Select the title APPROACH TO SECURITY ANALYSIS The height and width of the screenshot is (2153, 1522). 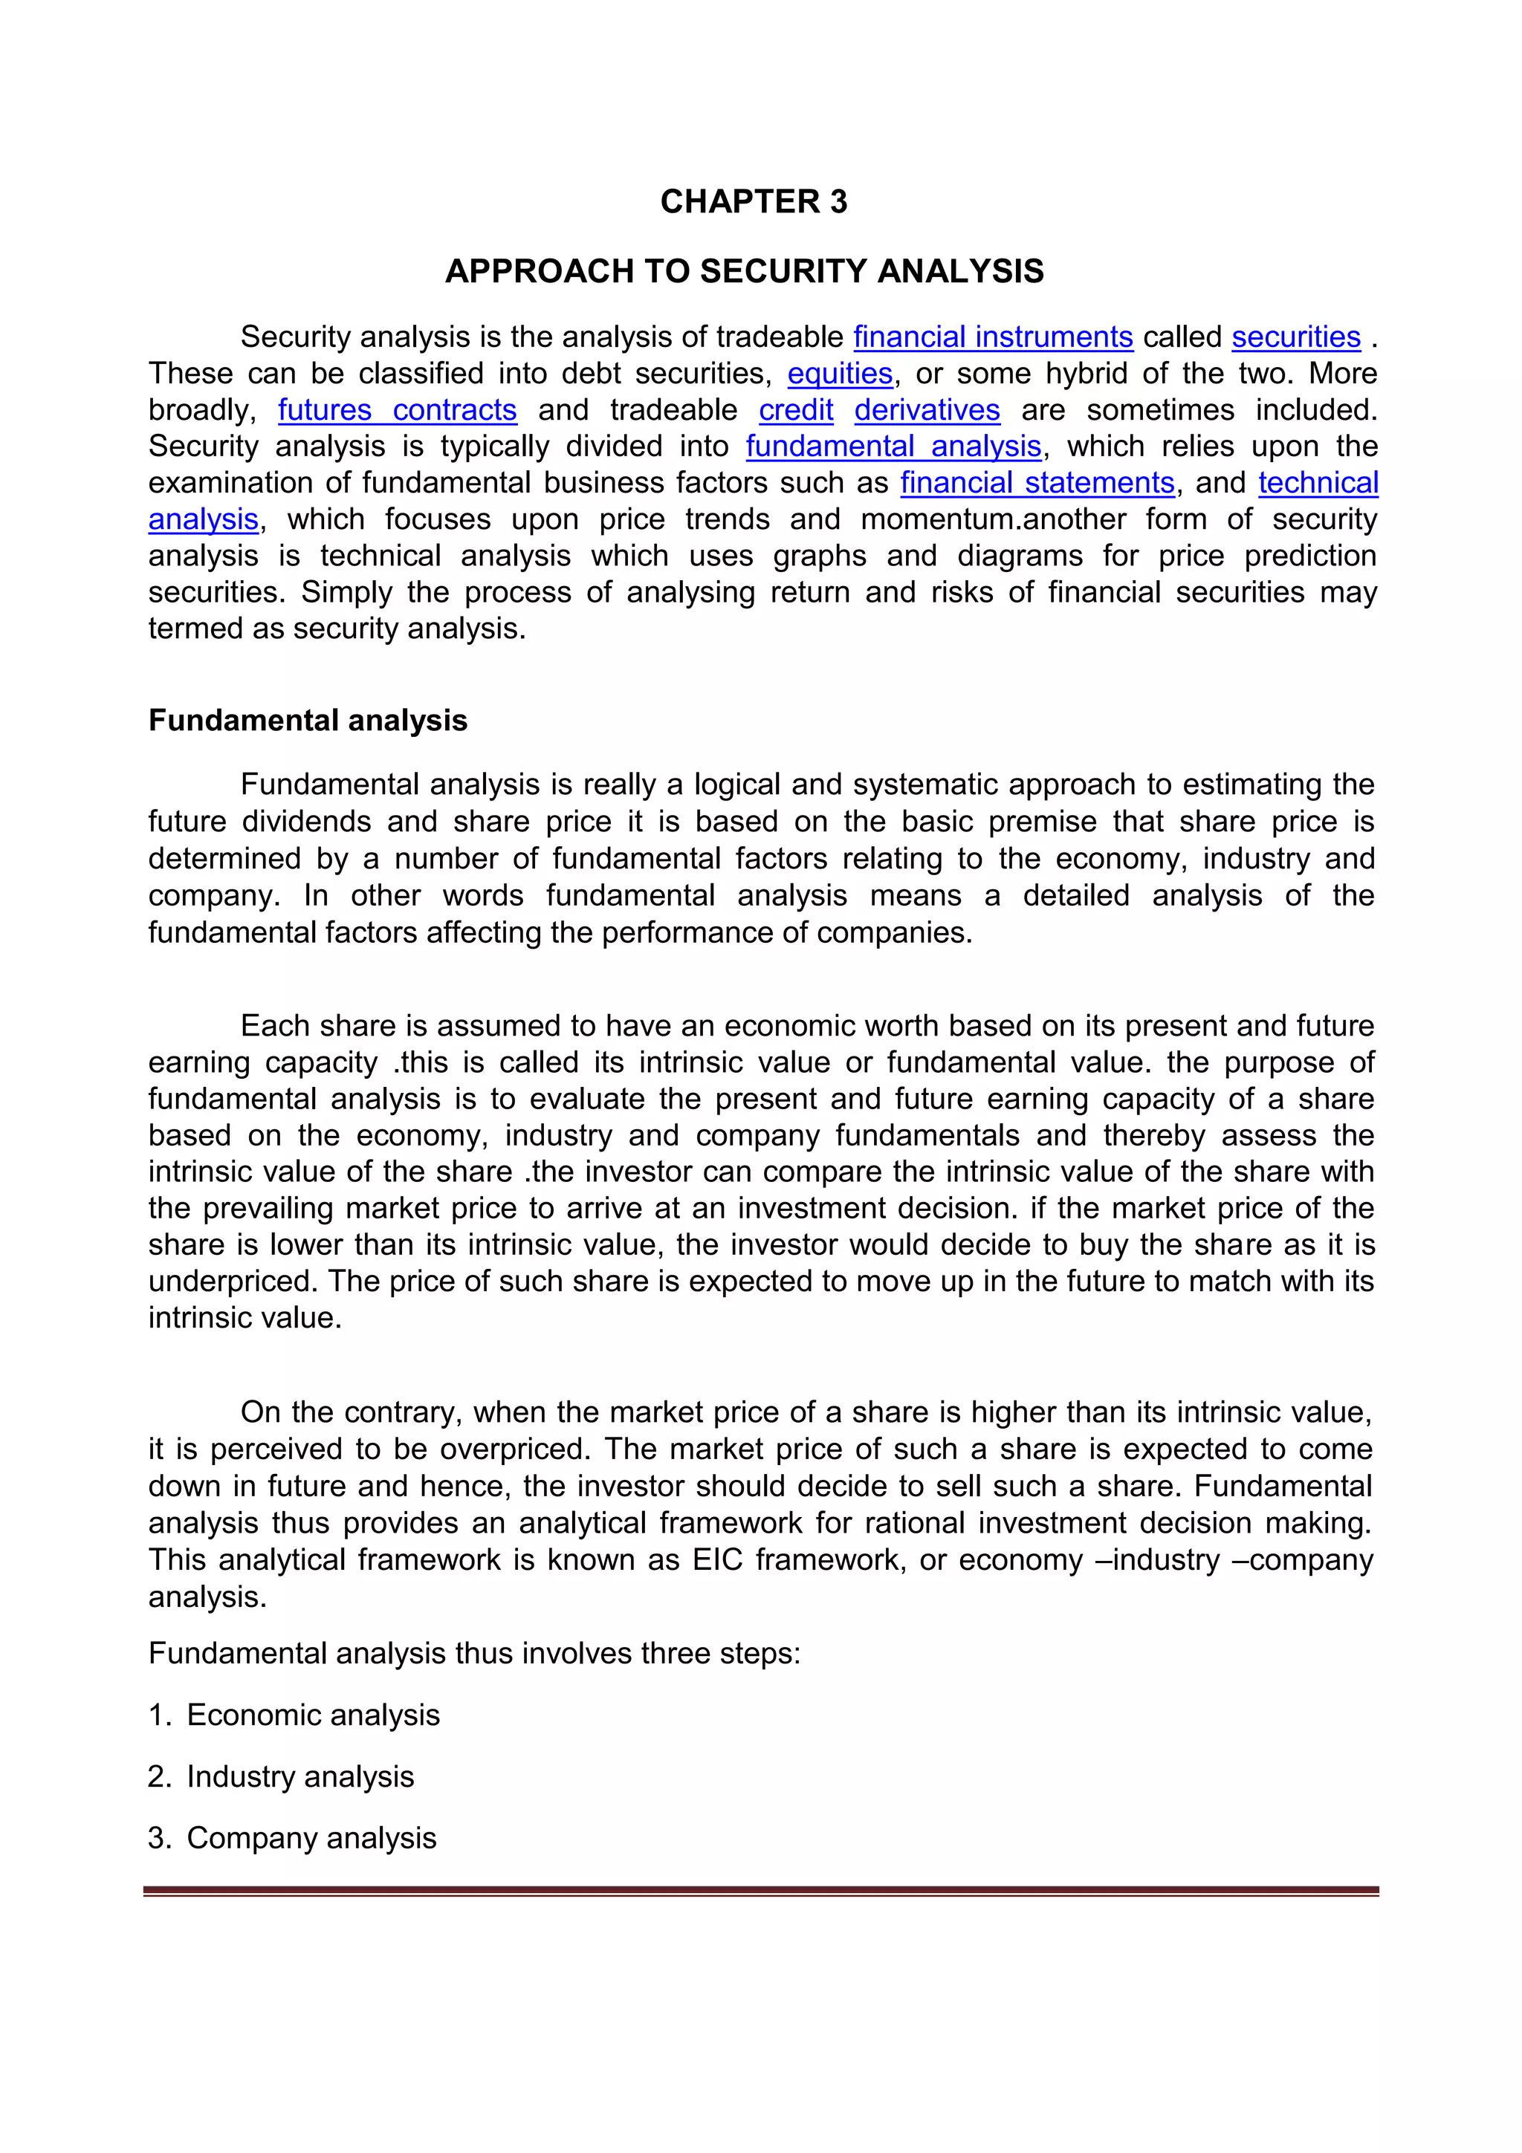(x=744, y=271)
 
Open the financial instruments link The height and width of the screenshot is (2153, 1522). (x=992, y=337)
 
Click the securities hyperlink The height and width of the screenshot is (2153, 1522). (x=1295, y=337)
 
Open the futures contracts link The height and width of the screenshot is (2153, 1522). (x=397, y=410)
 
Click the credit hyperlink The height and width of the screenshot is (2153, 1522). (x=795, y=410)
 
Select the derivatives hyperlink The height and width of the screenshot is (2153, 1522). (x=927, y=410)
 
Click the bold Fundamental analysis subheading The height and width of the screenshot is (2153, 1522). (x=308, y=720)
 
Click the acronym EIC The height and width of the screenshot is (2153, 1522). (x=717, y=1560)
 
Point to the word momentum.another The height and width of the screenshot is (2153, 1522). (x=993, y=519)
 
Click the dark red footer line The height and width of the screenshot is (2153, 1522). (x=760, y=1891)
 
